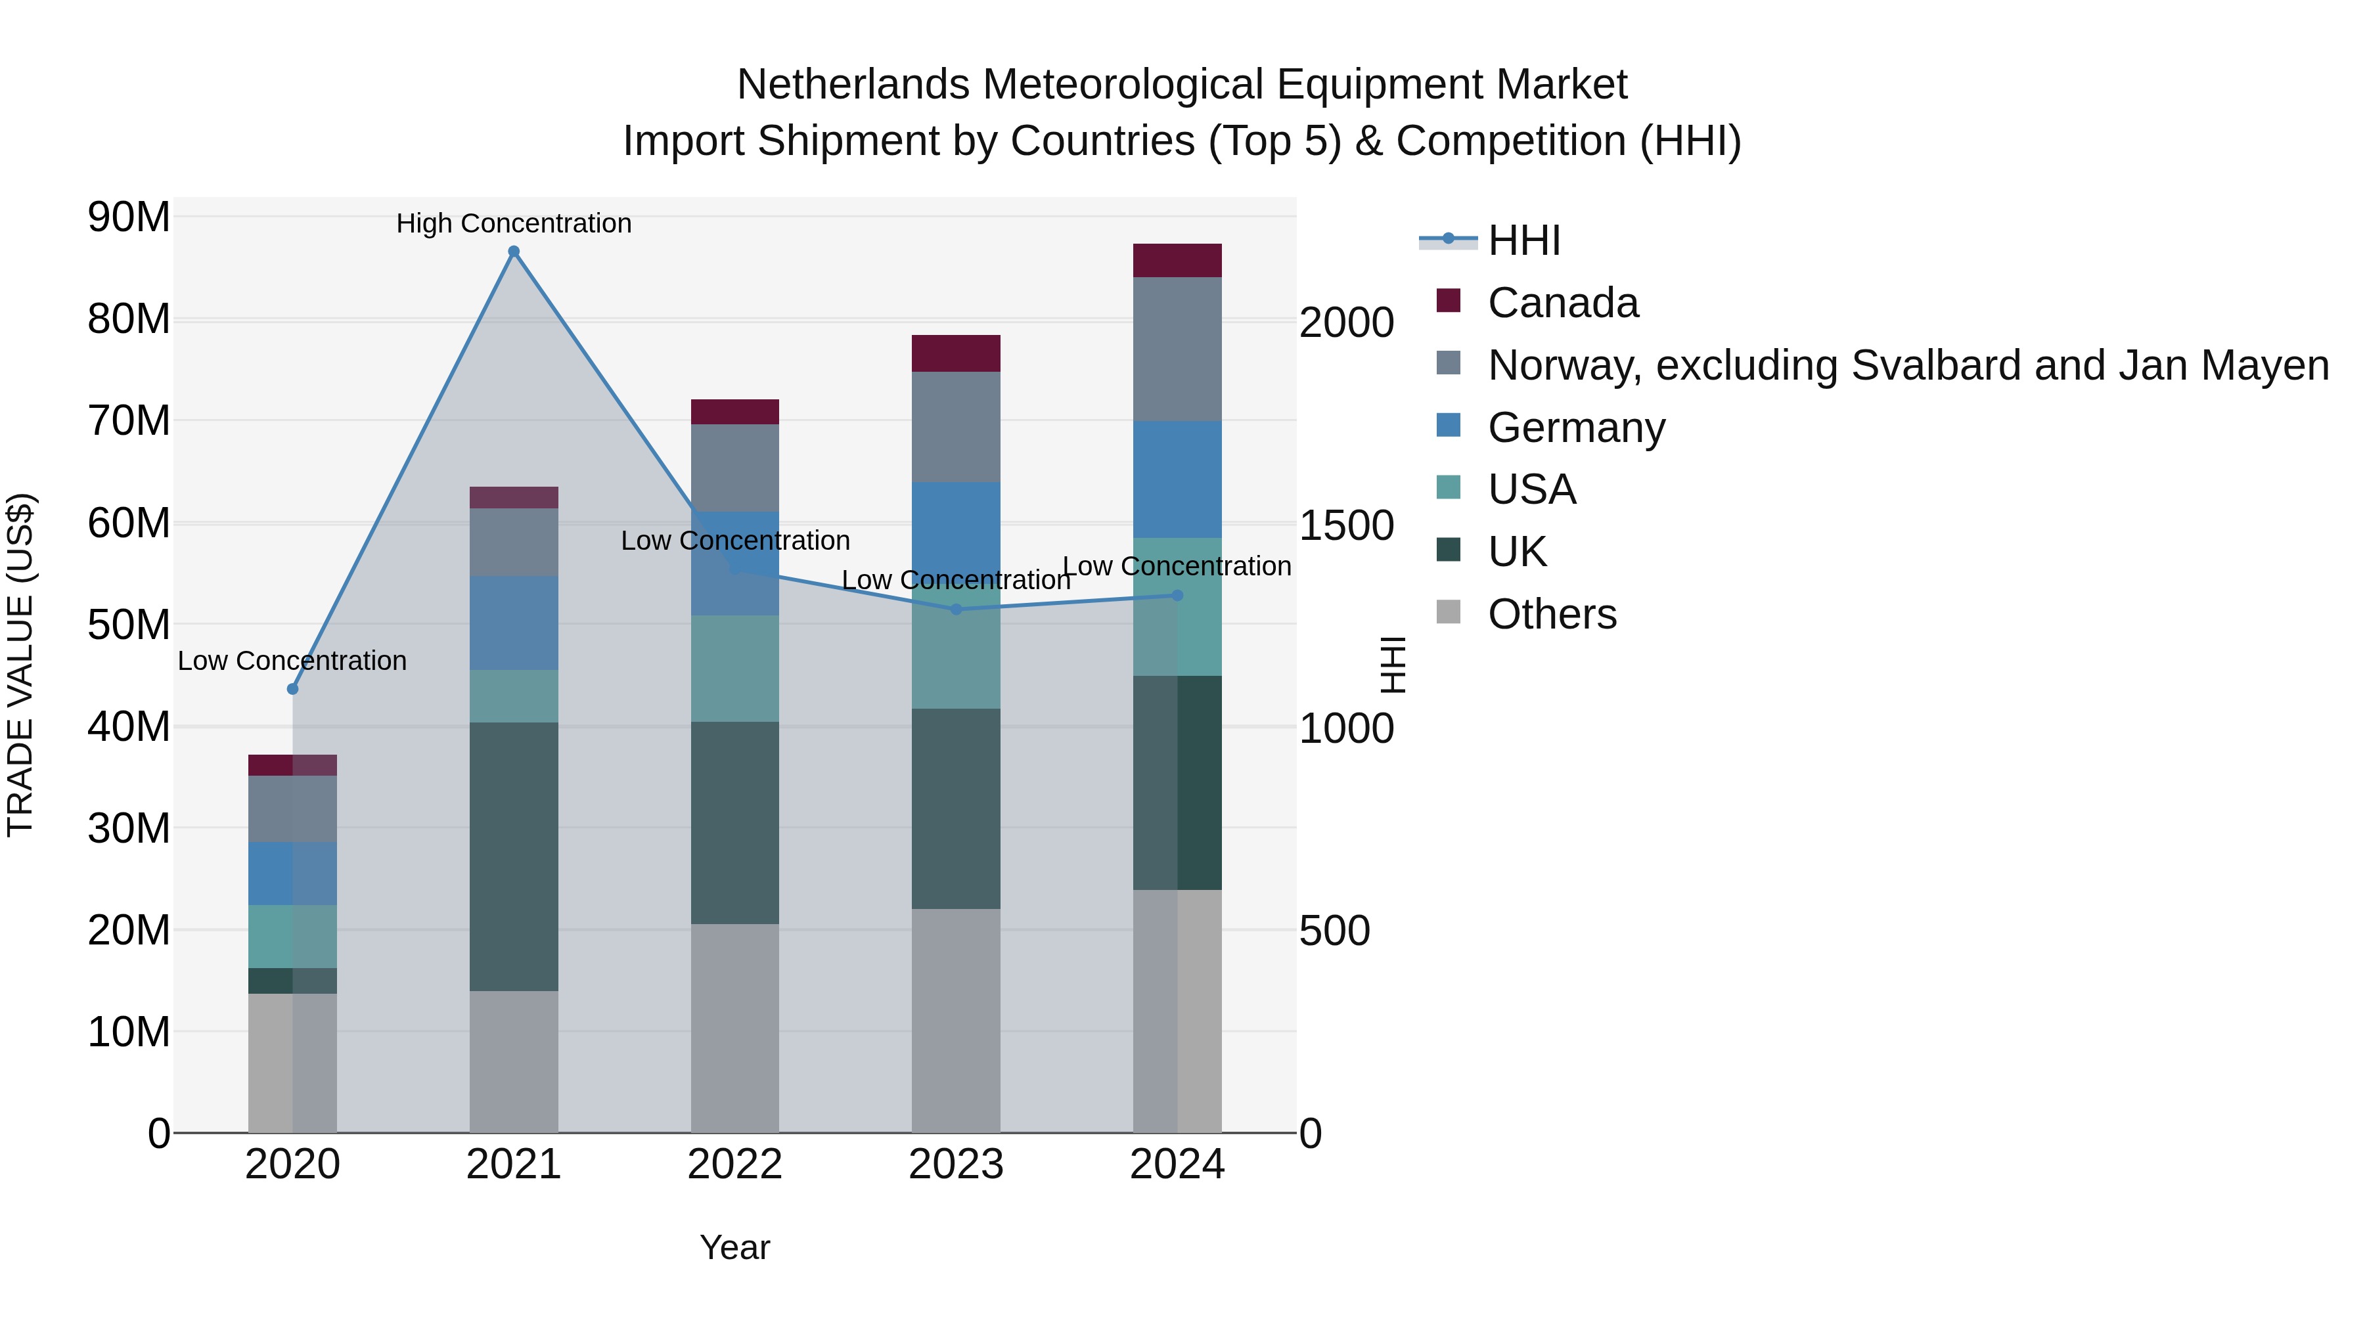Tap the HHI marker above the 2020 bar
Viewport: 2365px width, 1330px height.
(293, 688)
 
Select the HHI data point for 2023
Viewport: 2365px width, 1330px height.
(956, 610)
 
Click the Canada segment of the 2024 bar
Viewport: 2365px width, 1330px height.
(1177, 261)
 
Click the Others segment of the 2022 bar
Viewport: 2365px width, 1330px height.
(734, 1028)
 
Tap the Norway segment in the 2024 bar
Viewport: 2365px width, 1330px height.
(1177, 349)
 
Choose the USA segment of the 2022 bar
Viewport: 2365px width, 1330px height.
(734, 668)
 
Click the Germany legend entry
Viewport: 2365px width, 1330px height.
(1575, 428)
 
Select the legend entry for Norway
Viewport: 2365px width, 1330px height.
(1907, 365)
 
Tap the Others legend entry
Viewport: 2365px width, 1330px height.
(1552, 614)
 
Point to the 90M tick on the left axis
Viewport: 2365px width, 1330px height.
(129, 217)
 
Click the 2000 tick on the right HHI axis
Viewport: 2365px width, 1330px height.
(1346, 323)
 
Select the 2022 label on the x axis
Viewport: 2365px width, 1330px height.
(734, 1164)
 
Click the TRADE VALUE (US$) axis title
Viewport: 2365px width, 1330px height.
(20, 665)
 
